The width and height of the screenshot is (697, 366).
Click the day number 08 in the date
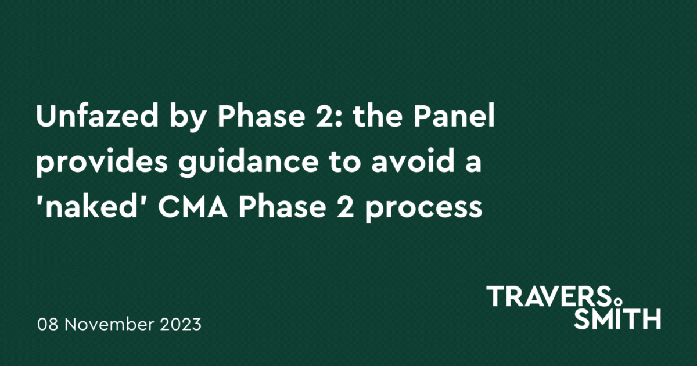(x=48, y=324)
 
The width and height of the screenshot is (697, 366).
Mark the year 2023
(x=179, y=324)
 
